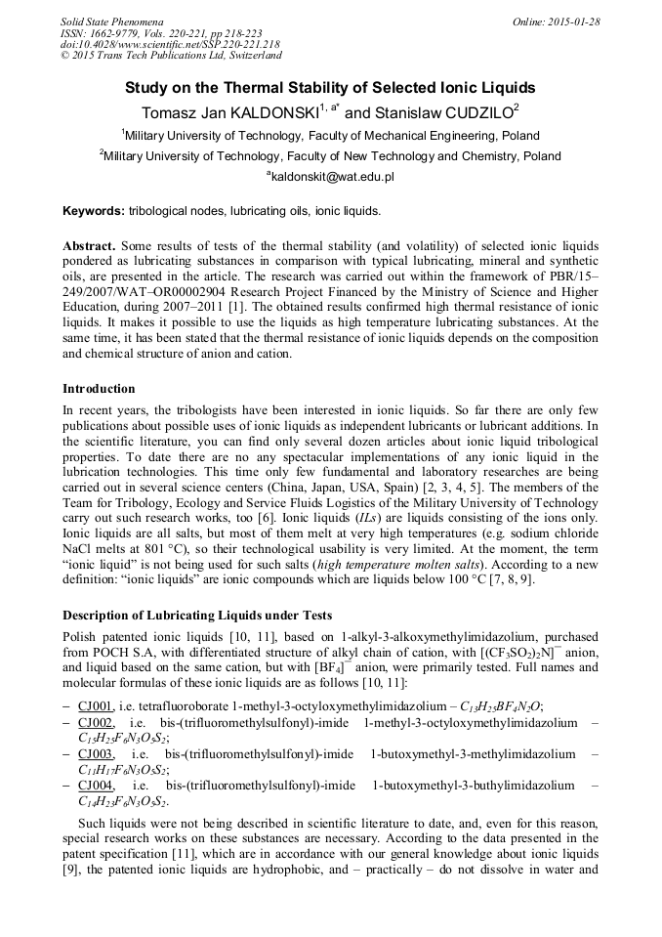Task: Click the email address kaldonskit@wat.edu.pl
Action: point(332,177)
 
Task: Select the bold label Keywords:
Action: point(94,210)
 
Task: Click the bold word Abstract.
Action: point(89,245)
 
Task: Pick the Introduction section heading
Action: point(99,388)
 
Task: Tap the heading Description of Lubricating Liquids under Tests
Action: point(197,615)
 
